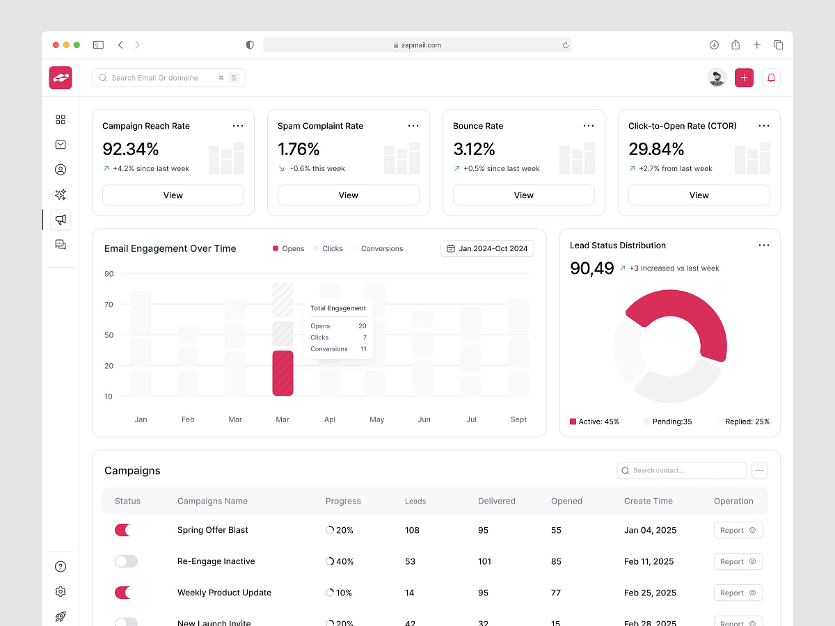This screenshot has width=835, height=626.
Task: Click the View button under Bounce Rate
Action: pyautogui.click(x=523, y=195)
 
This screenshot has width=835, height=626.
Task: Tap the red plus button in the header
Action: pyautogui.click(x=744, y=78)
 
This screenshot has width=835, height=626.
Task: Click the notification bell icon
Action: pyautogui.click(x=771, y=78)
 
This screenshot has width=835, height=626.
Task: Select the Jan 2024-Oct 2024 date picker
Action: pyautogui.click(x=487, y=248)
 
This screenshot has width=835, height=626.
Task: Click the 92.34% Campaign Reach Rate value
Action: pyautogui.click(x=131, y=149)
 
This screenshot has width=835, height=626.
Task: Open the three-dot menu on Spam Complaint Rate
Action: pyautogui.click(x=413, y=126)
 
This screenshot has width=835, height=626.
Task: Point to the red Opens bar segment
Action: pyautogui.click(x=283, y=374)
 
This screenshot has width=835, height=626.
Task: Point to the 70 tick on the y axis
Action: pyautogui.click(x=109, y=305)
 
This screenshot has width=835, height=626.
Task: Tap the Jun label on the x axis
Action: pyautogui.click(x=424, y=419)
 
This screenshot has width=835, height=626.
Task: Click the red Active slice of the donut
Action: pyautogui.click(x=696, y=320)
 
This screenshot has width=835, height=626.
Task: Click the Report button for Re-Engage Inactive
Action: pyautogui.click(x=738, y=561)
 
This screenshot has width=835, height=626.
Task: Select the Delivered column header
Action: pyautogui.click(x=496, y=501)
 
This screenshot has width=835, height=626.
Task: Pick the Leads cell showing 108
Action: pyautogui.click(x=412, y=530)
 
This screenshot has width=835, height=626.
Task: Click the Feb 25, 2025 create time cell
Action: pyautogui.click(x=650, y=593)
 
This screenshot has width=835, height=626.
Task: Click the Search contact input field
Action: pyautogui.click(x=682, y=471)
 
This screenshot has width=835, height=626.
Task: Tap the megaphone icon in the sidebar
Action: pyautogui.click(x=61, y=220)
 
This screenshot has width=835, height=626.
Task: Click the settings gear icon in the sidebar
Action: pyautogui.click(x=61, y=592)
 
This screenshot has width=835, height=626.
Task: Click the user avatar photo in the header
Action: pyautogui.click(x=717, y=78)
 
